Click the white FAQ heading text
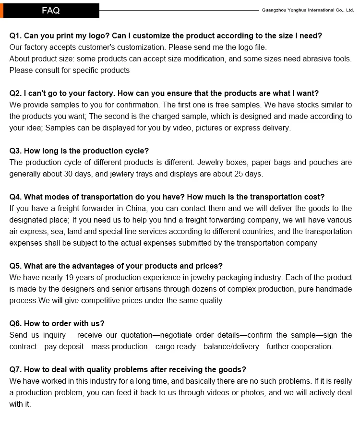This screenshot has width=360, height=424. (x=50, y=10)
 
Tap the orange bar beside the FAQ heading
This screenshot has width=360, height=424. (x=1, y=10)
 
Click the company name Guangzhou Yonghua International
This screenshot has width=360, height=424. (x=308, y=10)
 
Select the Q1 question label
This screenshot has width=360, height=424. (x=15, y=35)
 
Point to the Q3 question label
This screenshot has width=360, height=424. (x=15, y=151)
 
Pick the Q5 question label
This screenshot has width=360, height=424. (x=15, y=266)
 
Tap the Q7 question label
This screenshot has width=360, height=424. (x=15, y=369)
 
